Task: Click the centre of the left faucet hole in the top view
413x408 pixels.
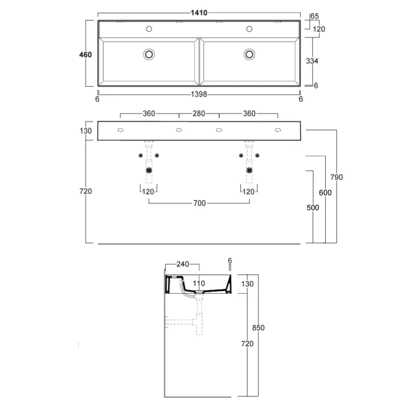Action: pos(149,29)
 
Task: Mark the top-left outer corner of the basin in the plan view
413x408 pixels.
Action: pos(98,21)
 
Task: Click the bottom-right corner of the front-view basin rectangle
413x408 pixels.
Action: pos(300,140)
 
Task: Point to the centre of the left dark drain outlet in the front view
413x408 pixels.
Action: pos(149,170)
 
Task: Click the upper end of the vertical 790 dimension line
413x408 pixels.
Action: pos(336,130)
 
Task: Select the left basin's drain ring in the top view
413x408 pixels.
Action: pos(149,55)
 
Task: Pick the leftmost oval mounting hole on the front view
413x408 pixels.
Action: pos(120,130)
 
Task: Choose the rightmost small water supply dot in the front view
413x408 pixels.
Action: pos(257,155)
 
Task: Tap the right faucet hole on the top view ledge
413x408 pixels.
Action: pos(249,29)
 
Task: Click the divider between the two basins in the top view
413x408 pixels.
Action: pos(199,62)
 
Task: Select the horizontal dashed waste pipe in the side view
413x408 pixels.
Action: pos(179,322)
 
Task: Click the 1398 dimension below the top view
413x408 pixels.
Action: pos(199,94)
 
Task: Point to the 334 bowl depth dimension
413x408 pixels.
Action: pos(312,61)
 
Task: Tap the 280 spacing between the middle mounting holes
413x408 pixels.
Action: pos(199,113)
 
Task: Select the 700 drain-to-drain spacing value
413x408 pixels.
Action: pos(199,203)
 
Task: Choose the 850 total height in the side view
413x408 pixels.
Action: pos(259,328)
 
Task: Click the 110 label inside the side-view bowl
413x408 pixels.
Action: pos(199,283)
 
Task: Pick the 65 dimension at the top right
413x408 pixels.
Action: pos(315,16)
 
